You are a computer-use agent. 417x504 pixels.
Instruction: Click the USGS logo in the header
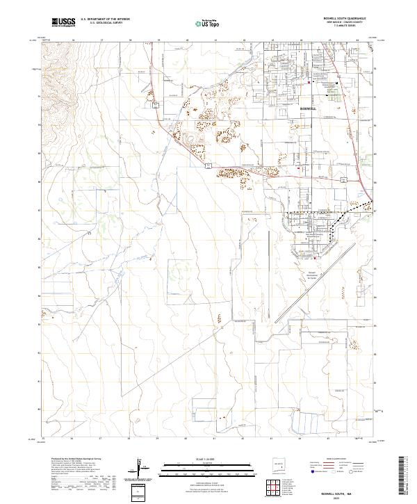pyautogui.click(x=63, y=22)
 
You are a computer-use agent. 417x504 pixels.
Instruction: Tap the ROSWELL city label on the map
pyautogui.click(x=309, y=110)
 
